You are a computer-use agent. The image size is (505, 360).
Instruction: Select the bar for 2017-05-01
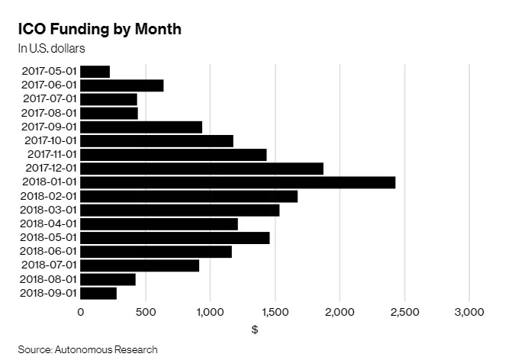(95, 72)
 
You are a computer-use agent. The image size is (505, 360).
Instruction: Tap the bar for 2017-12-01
(201, 169)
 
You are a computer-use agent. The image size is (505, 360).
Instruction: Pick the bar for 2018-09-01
(98, 293)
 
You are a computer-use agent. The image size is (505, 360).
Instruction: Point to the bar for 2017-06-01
(121, 85)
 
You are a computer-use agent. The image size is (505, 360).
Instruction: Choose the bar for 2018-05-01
(175, 238)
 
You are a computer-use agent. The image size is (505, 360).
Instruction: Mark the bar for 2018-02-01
(188, 196)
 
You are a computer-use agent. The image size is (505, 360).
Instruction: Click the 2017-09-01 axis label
(50, 127)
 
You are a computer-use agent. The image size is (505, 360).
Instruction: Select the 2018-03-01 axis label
(50, 210)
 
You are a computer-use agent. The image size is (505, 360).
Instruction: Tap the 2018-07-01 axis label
(50, 265)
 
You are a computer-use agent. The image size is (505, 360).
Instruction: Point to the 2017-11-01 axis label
(50, 155)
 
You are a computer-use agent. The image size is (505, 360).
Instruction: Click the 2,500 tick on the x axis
(404, 312)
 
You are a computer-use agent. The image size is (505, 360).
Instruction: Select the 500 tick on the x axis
(145, 312)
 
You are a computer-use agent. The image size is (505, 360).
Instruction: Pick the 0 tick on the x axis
(80, 312)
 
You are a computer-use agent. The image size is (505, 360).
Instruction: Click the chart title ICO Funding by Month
(99, 29)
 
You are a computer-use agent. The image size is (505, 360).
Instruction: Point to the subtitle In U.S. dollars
(51, 48)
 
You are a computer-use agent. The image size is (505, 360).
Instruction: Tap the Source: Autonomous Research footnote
(88, 349)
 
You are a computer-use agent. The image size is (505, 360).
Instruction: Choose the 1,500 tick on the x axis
(275, 312)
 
